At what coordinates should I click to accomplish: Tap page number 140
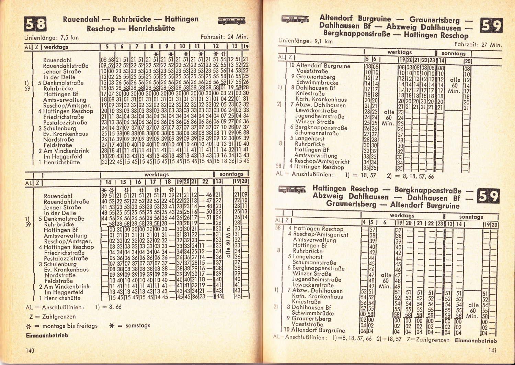(30, 350)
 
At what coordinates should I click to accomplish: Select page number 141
(492, 350)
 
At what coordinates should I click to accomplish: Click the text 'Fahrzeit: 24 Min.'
(224, 37)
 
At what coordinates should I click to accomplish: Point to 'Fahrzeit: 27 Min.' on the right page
(478, 44)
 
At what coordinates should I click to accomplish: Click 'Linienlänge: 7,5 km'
(51, 38)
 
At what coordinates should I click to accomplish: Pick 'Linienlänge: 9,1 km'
(305, 41)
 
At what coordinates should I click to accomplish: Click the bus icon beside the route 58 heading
(231, 21)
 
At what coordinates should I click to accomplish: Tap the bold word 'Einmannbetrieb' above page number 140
(47, 335)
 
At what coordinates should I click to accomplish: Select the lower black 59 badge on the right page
(488, 196)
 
